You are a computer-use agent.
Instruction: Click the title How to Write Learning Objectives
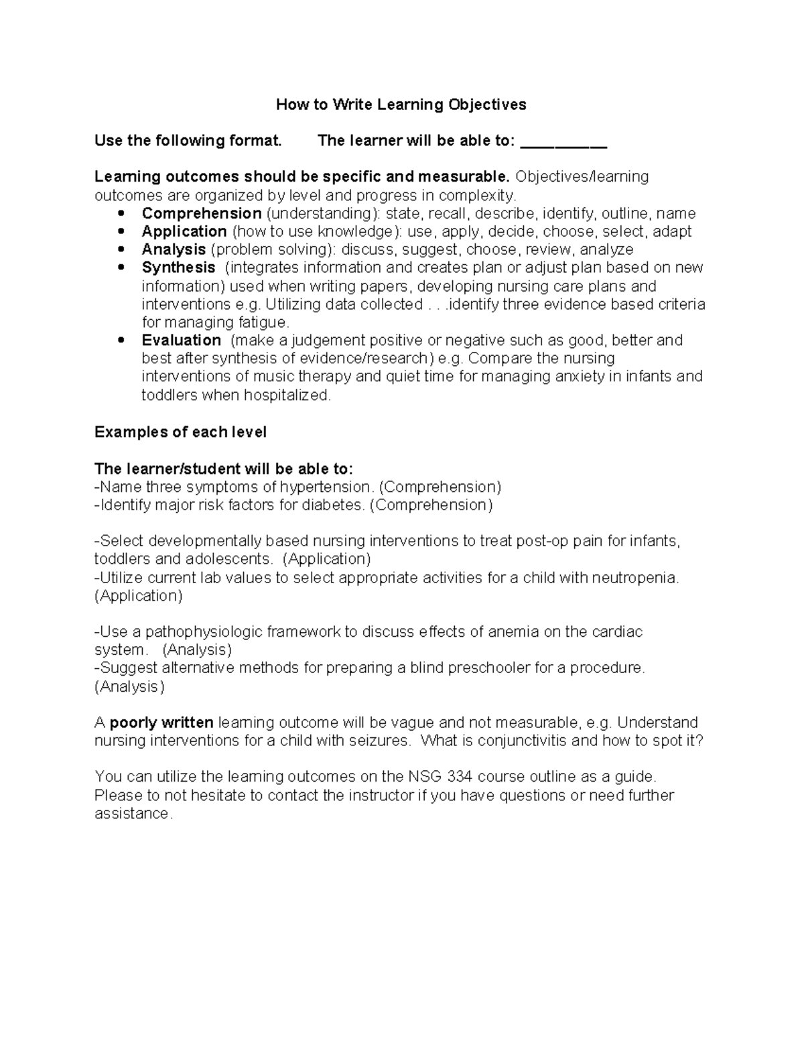click(401, 105)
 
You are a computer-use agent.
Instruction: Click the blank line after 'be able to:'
click(563, 142)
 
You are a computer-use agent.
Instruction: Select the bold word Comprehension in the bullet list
click(201, 213)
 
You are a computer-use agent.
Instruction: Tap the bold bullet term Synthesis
click(178, 267)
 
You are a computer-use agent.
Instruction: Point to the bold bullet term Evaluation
click(181, 340)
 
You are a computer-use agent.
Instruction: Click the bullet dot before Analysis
click(121, 249)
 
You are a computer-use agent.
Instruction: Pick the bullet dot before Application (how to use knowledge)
click(121, 231)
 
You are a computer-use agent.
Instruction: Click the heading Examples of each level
click(180, 432)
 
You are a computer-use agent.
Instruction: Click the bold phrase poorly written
click(161, 723)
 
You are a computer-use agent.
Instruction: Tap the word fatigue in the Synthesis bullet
click(263, 322)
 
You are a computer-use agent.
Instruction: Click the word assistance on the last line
click(133, 814)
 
